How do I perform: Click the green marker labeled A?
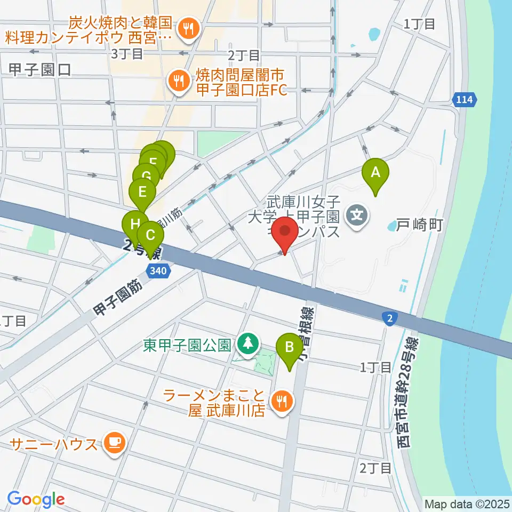click(x=375, y=172)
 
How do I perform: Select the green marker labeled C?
click(x=150, y=235)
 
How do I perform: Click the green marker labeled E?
click(x=142, y=191)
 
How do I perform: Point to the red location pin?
click(x=285, y=233)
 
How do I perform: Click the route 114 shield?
click(x=466, y=99)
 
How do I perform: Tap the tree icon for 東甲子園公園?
click(x=247, y=343)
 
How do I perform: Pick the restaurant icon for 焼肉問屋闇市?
click(x=177, y=81)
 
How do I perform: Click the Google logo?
click(x=36, y=499)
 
